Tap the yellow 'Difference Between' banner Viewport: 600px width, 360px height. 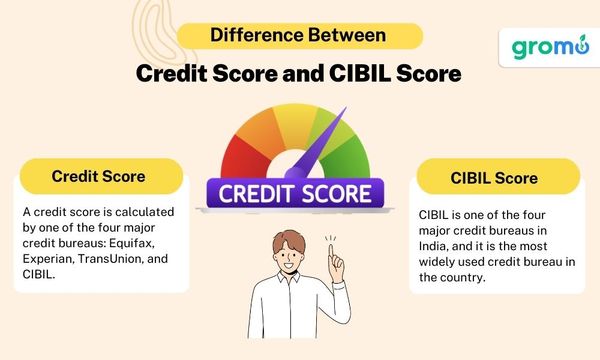(x=299, y=36)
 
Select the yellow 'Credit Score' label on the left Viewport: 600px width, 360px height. (x=98, y=177)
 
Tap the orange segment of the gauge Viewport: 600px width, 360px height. (x=258, y=130)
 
